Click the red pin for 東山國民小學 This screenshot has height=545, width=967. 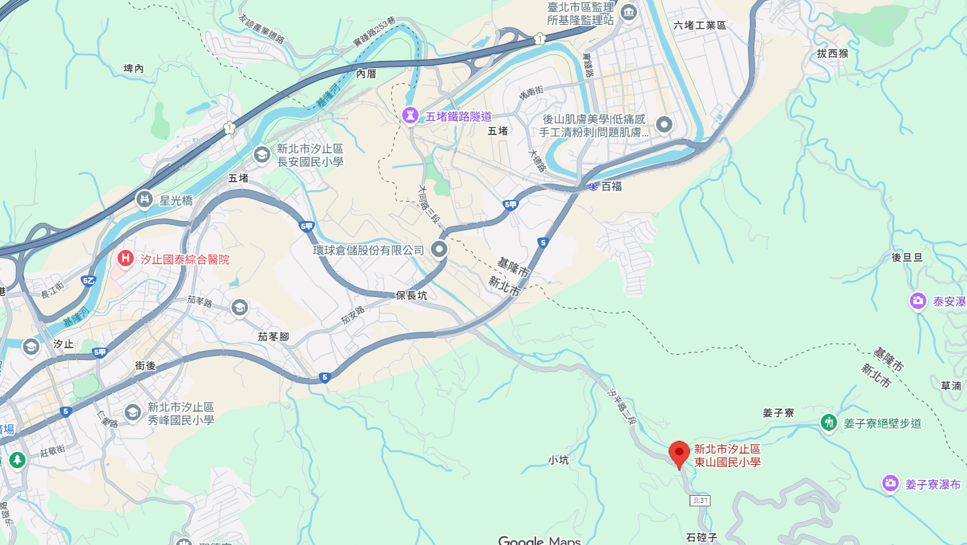679,453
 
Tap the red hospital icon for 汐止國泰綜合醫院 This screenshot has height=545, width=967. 125,258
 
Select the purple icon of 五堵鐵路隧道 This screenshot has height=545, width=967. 410,116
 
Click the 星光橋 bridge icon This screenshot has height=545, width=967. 144,199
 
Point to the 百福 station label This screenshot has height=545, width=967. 611,186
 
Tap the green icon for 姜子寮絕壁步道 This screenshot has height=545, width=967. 829,422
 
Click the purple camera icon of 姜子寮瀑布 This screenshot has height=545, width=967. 890,484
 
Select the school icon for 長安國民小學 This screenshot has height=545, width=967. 262,155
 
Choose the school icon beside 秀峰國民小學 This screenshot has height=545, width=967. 133,413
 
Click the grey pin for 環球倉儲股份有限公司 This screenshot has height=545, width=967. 439,249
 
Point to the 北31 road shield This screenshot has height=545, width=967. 700,500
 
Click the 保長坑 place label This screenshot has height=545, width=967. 411,295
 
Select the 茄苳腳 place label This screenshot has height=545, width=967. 273,336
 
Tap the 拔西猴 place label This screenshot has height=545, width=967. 833,53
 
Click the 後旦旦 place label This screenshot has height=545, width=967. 907,257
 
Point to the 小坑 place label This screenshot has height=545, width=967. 558,460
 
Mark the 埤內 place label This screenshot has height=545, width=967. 133,68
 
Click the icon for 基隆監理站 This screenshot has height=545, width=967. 628,12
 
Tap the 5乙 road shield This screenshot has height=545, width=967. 88,281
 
